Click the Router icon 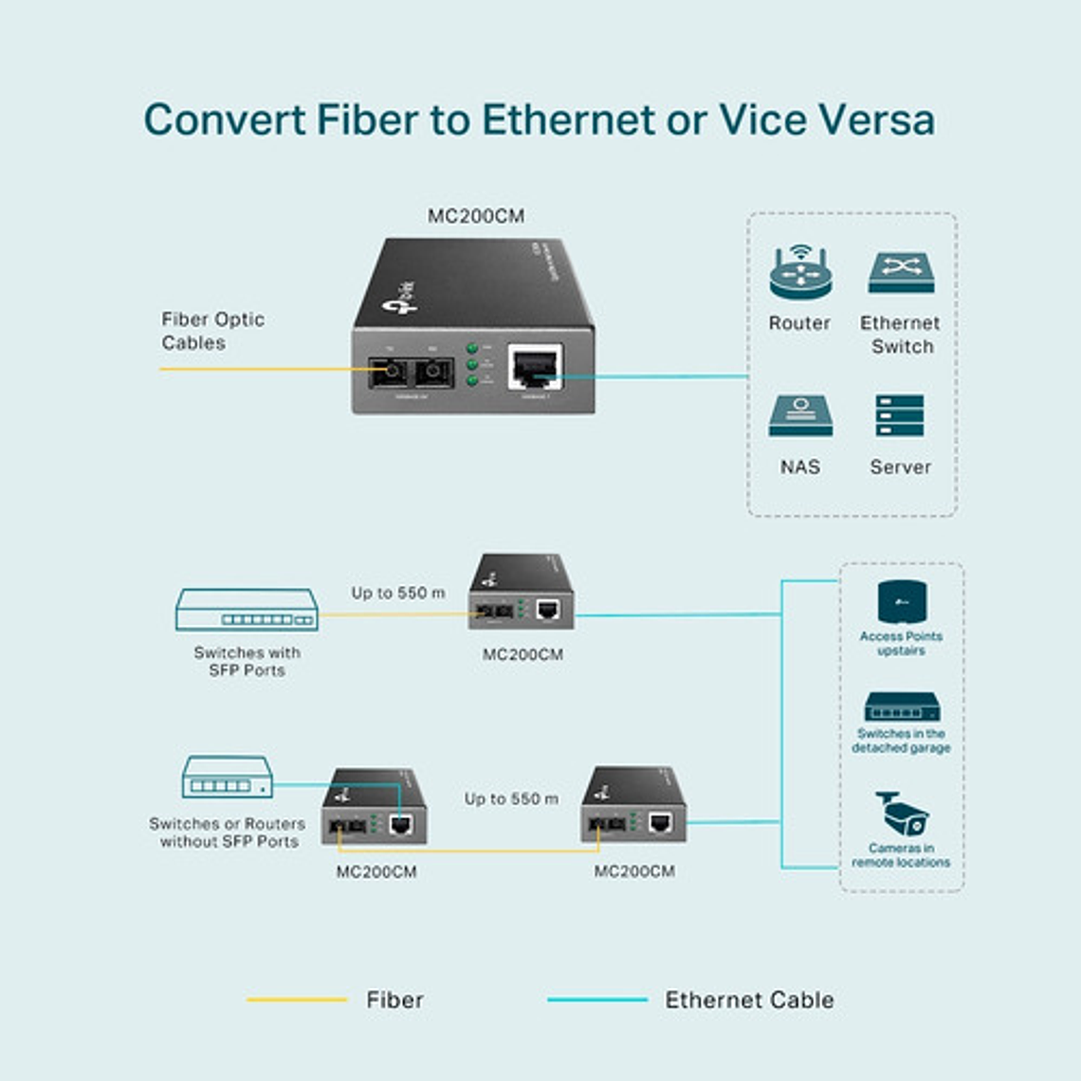pyautogui.click(x=799, y=274)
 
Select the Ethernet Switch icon pyautogui.click(x=901, y=273)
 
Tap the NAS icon pyautogui.click(x=800, y=417)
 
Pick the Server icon pyautogui.click(x=900, y=416)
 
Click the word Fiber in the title pyautogui.click(x=366, y=119)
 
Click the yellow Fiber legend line pyautogui.click(x=297, y=999)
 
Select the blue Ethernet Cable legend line pyautogui.click(x=597, y=999)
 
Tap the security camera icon pyautogui.click(x=901, y=814)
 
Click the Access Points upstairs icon pyautogui.click(x=901, y=602)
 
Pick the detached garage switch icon pyautogui.click(x=901, y=707)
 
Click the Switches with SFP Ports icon pyautogui.click(x=247, y=610)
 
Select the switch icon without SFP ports pyautogui.click(x=228, y=778)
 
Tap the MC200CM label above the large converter pyautogui.click(x=476, y=216)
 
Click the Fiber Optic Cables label pyautogui.click(x=212, y=331)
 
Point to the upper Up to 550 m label pyautogui.click(x=398, y=593)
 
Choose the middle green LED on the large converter pyautogui.click(x=472, y=364)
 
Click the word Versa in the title pyautogui.click(x=874, y=119)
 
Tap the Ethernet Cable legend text pyautogui.click(x=749, y=999)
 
